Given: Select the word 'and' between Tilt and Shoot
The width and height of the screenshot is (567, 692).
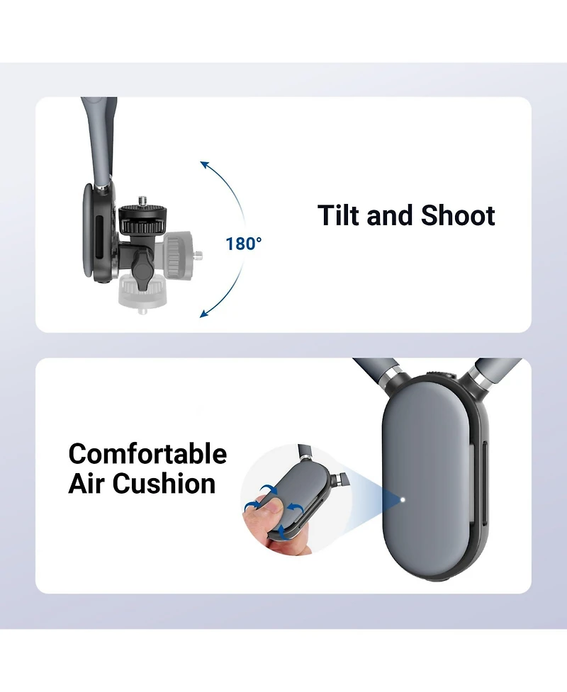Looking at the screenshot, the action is coord(391,215).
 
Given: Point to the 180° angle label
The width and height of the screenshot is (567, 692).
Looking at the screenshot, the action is coord(243,244).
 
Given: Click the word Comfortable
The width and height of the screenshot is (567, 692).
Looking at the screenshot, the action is coord(147,454).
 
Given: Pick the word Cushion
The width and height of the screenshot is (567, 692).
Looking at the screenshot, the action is coord(164,484).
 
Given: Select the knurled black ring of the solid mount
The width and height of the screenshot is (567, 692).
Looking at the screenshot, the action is coord(143,226).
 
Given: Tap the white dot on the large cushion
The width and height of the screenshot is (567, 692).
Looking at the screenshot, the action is coord(403,500).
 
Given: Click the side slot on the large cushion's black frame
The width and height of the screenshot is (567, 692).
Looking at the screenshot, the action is coord(484,484).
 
